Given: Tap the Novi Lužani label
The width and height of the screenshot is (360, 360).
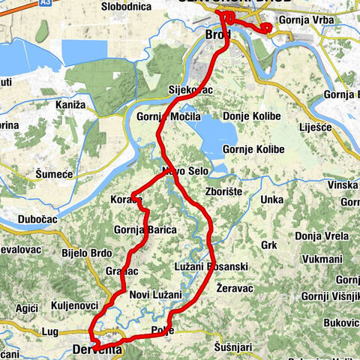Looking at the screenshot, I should click(155, 294).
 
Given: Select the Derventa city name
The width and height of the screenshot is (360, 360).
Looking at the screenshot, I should click(97, 349).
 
